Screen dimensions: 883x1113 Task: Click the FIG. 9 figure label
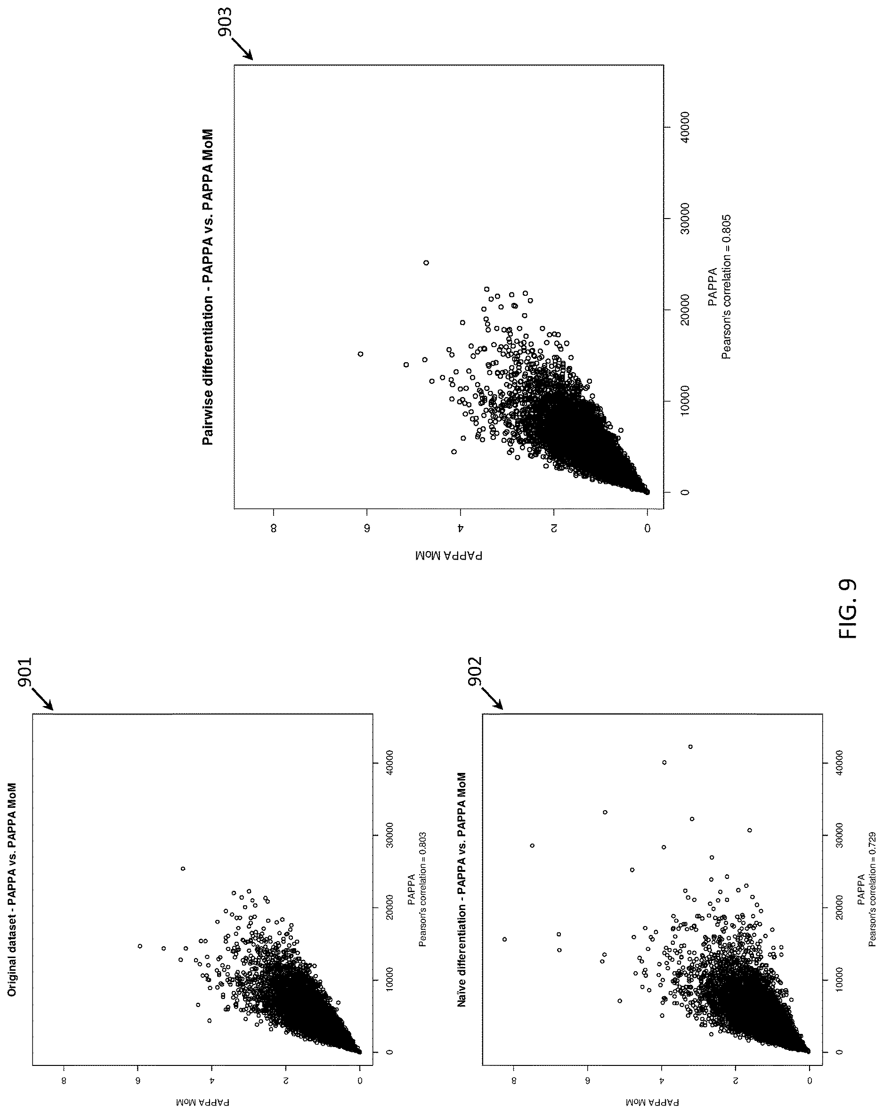(x=847, y=609)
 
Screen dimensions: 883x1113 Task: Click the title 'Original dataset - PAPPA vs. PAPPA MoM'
(x=12, y=872)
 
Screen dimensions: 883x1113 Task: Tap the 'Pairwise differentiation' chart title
(x=208, y=287)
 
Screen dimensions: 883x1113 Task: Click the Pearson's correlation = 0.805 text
(x=726, y=287)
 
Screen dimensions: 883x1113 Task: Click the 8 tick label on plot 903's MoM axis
(x=274, y=528)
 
